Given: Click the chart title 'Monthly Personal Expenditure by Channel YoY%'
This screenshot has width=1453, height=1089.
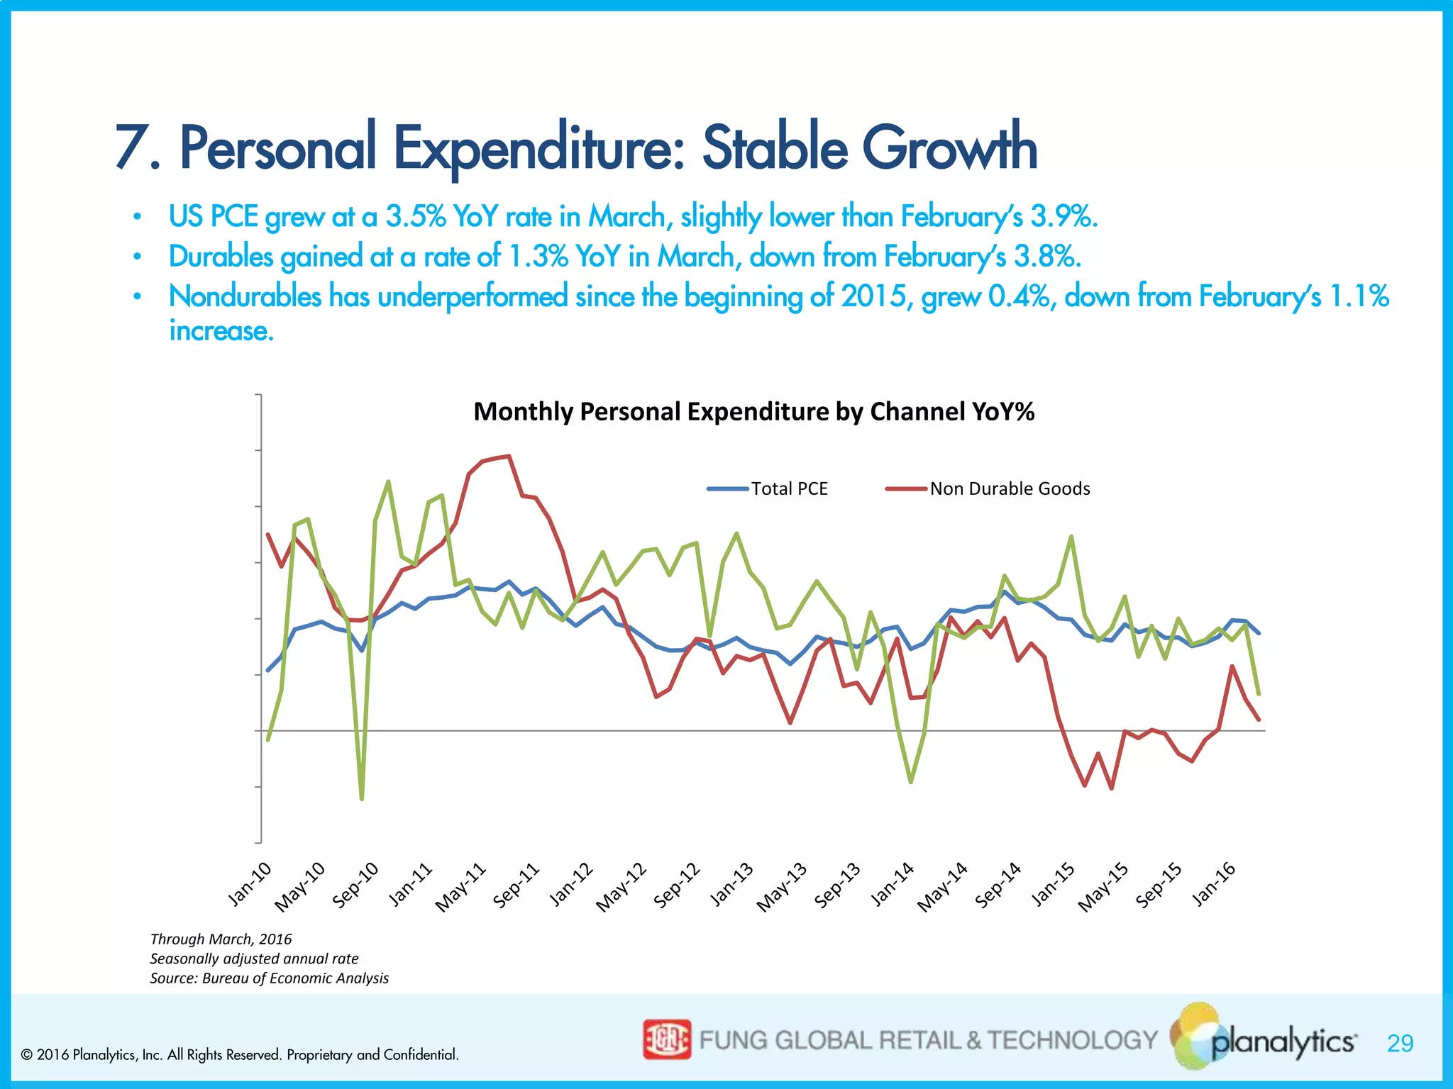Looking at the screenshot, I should point(753,412).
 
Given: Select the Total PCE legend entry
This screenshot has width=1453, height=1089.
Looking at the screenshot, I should point(768,488).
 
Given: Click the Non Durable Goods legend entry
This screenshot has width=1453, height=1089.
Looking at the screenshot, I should point(988,488).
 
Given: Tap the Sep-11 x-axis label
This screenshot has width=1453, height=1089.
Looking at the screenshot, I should point(516,885).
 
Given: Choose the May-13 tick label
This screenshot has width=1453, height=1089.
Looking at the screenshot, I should point(781,887).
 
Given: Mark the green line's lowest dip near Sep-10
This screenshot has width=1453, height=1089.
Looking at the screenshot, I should point(362,798).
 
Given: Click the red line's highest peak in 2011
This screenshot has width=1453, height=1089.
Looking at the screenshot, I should point(509,457).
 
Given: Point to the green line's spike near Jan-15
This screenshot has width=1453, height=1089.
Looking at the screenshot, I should point(1071,537).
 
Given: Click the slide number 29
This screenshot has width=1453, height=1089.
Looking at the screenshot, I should point(1400,1043).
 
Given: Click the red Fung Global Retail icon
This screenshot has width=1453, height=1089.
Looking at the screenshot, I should point(666,1039).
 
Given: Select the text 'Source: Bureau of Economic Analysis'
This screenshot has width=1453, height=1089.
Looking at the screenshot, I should point(269,978).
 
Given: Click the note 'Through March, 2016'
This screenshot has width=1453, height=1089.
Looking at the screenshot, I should point(221,939).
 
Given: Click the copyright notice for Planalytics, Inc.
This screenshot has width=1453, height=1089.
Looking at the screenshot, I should point(240,1054).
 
